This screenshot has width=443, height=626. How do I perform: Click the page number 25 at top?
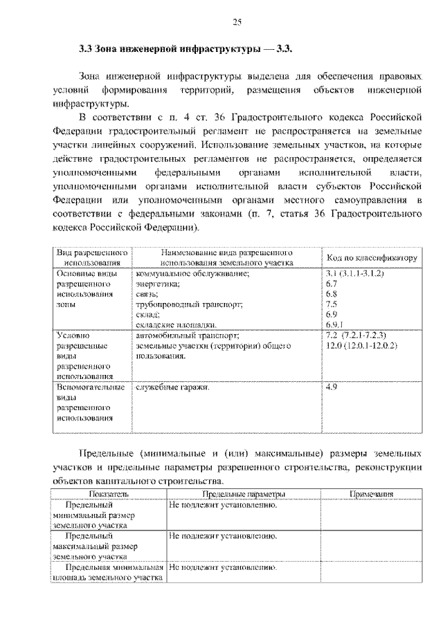pos(236,23)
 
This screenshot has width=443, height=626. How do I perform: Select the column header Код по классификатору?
pos(372,258)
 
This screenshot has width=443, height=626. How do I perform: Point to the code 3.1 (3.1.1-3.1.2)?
pos(354,274)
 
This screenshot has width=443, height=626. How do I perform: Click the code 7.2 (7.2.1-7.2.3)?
pos(355,335)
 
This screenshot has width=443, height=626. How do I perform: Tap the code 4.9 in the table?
pos(331,387)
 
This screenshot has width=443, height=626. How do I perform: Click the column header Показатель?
pos(109,495)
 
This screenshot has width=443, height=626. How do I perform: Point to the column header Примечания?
pos(371,495)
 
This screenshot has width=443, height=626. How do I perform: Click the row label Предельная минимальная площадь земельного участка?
pos(108,572)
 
